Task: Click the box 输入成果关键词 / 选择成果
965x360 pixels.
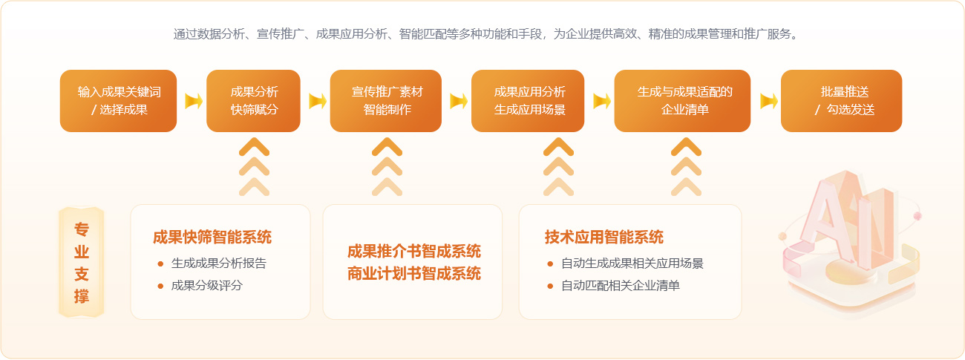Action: pyautogui.click(x=119, y=101)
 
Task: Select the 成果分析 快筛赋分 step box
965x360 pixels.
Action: pyautogui.click(x=253, y=101)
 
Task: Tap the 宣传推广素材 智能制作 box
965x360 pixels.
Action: pyautogui.click(x=386, y=101)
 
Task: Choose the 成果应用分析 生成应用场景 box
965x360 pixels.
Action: pyautogui.click(x=528, y=101)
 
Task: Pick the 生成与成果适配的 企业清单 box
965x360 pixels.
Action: pyautogui.click(x=682, y=101)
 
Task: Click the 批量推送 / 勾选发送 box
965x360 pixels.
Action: pyautogui.click(x=841, y=101)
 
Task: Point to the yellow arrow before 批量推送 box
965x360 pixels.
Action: pyautogui.click(x=769, y=101)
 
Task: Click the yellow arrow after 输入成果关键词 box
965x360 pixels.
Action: pyautogui.click(x=194, y=101)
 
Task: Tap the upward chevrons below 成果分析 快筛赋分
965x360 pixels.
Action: pyautogui.click(x=254, y=167)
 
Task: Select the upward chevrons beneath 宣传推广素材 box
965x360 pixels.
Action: pyautogui.click(x=387, y=167)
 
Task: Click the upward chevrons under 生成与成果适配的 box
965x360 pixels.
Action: pyautogui.click(x=687, y=167)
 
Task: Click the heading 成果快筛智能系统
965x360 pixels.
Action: pyautogui.click(x=212, y=238)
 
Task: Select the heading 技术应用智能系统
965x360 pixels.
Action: pyautogui.click(x=604, y=238)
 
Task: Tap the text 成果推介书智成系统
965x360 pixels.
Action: pyautogui.click(x=414, y=251)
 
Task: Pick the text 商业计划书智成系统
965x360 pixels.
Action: pyautogui.click(x=414, y=273)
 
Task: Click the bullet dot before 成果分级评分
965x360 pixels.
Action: pyautogui.click(x=160, y=286)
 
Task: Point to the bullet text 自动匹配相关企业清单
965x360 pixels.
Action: pyautogui.click(x=621, y=286)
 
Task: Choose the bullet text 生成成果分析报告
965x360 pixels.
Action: pyautogui.click(x=219, y=263)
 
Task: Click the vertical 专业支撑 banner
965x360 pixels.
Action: pyautogui.click(x=82, y=262)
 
